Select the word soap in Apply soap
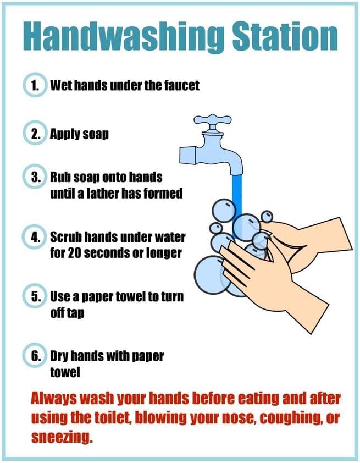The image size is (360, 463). tap(96, 134)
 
